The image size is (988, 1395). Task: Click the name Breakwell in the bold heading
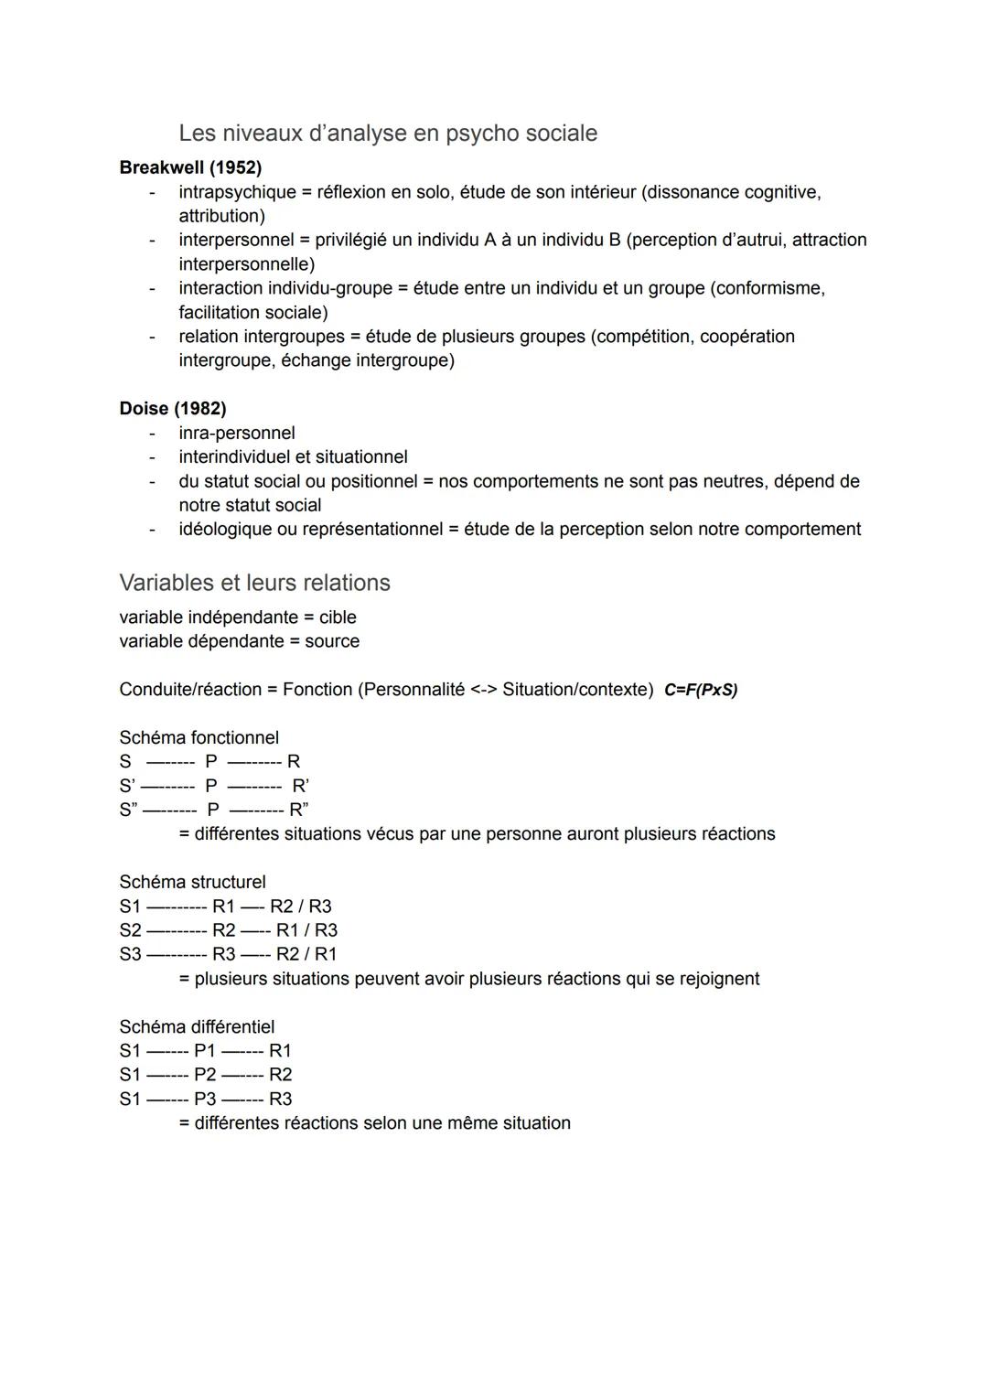[161, 168]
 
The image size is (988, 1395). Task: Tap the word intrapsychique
[237, 192]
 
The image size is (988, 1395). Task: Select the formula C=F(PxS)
[701, 690]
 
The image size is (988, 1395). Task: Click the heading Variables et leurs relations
[254, 583]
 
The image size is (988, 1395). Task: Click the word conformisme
[768, 288]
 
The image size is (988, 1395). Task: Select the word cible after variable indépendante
[338, 617]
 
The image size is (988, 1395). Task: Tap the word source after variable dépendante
[332, 641]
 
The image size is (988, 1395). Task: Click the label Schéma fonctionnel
[199, 737]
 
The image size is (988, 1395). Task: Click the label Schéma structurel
[192, 882]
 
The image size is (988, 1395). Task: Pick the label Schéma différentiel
[197, 1026]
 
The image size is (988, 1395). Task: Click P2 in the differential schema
[205, 1075]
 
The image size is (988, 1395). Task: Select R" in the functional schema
[299, 810]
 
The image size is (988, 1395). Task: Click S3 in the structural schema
[130, 954]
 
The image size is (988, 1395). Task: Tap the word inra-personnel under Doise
[236, 433]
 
